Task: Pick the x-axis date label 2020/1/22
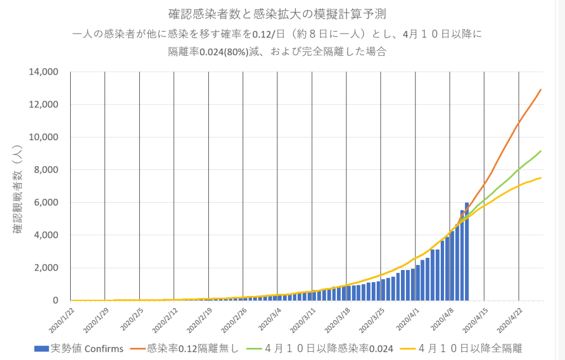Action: [62, 320]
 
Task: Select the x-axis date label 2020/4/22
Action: [510, 320]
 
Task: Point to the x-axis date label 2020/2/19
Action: [200, 320]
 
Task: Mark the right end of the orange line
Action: [541, 89]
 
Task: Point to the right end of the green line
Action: [541, 151]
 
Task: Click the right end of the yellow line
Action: [541, 177]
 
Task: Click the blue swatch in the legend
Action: [41, 348]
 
